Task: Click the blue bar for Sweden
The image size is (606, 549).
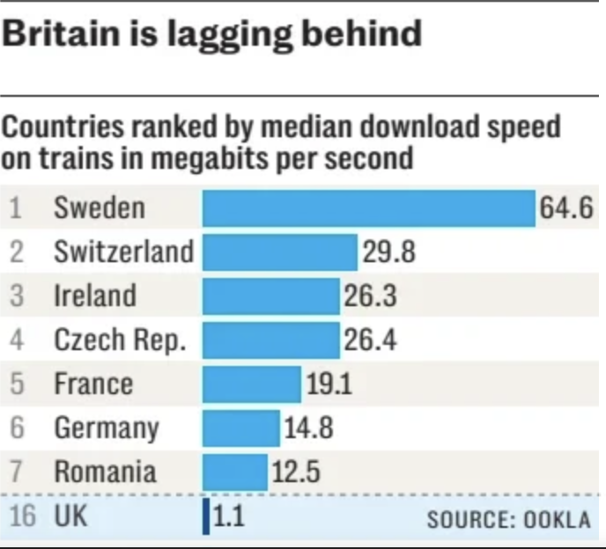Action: coord(369,209)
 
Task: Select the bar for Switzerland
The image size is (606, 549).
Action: coord(280,253)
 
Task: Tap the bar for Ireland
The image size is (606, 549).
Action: coord(271,296)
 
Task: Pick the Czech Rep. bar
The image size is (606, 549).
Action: coord(271,340)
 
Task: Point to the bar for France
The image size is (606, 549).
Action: coord(252,384)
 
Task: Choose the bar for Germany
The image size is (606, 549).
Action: coord(241,428)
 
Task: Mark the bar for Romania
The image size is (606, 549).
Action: coord(235,472)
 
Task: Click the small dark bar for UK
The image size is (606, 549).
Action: coord(206,516)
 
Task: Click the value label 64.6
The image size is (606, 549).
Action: coord(566,209)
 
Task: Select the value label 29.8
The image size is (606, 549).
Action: coord(388,253)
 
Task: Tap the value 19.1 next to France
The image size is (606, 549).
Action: coord(329,384)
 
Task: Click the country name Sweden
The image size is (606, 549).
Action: coord(99,209)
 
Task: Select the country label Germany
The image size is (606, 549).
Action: coord(107,428)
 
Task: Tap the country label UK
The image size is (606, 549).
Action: coord(71,516)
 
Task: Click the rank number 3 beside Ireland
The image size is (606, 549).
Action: coord(16,296)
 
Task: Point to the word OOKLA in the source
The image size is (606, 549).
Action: coord(558,519)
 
